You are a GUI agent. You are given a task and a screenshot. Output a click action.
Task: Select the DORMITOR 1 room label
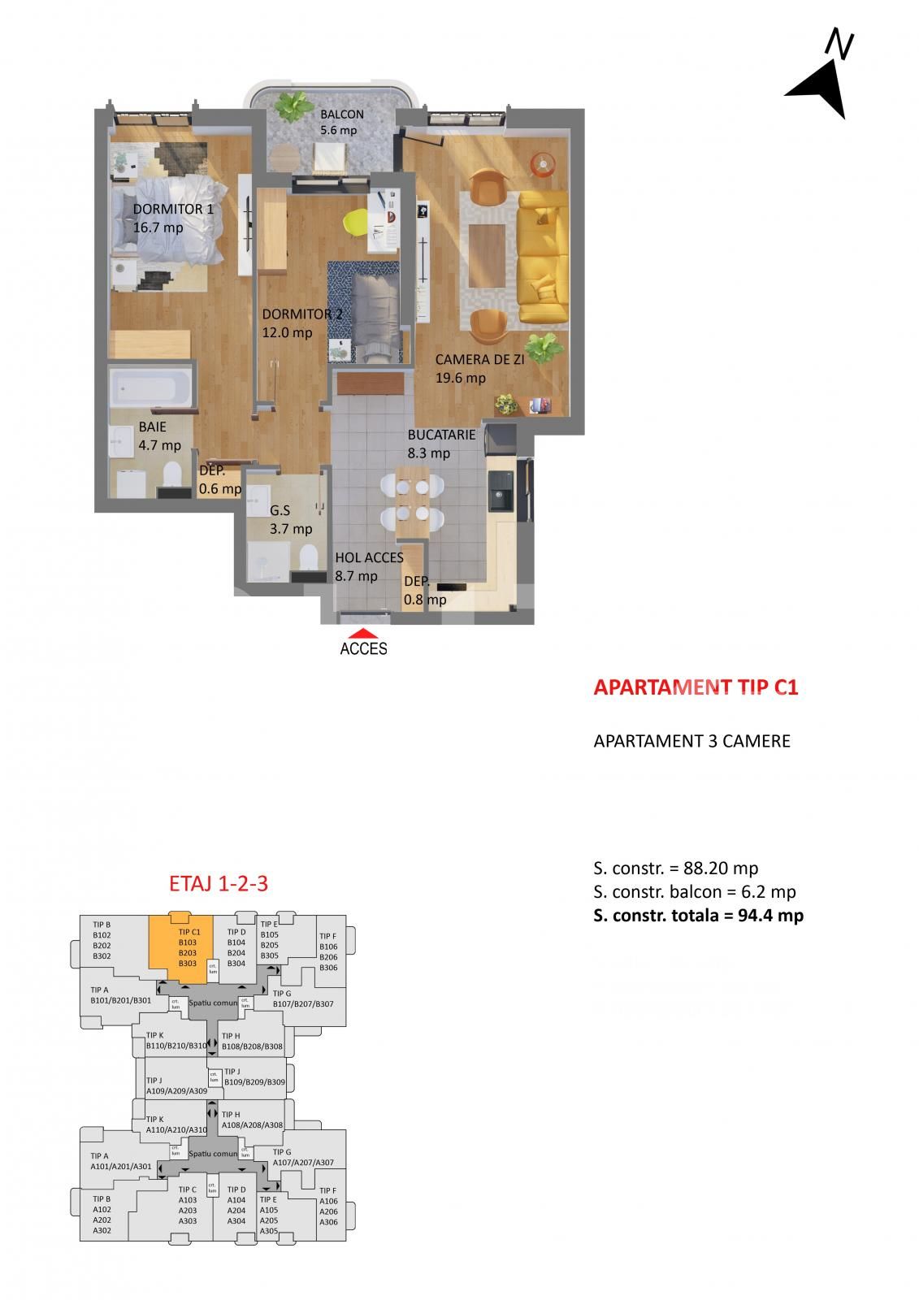pos(173,209)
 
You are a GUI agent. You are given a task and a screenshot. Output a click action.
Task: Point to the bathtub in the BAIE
pos(152,388)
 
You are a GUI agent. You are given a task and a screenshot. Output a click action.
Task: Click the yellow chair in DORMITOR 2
pos(357,219)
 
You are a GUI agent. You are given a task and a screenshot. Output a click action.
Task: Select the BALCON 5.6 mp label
pos(340,122)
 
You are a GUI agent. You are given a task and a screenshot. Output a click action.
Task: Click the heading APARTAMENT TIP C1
pos(696,687)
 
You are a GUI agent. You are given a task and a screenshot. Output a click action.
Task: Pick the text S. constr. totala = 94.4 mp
pos(698,916)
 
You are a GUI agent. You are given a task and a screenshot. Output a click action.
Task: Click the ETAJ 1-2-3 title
pos(218,884)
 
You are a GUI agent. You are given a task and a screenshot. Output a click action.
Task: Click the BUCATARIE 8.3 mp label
pos(440,444)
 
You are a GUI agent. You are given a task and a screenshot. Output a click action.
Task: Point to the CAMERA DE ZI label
pos(479,359)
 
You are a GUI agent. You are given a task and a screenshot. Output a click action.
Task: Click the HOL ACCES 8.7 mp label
pos(368,566)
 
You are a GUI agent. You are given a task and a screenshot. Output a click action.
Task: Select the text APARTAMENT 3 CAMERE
pos(691,741)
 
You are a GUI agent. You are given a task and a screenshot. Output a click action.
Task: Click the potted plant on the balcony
pos(294,106)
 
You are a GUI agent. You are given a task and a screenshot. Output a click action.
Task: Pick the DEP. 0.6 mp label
pos(219,479)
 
